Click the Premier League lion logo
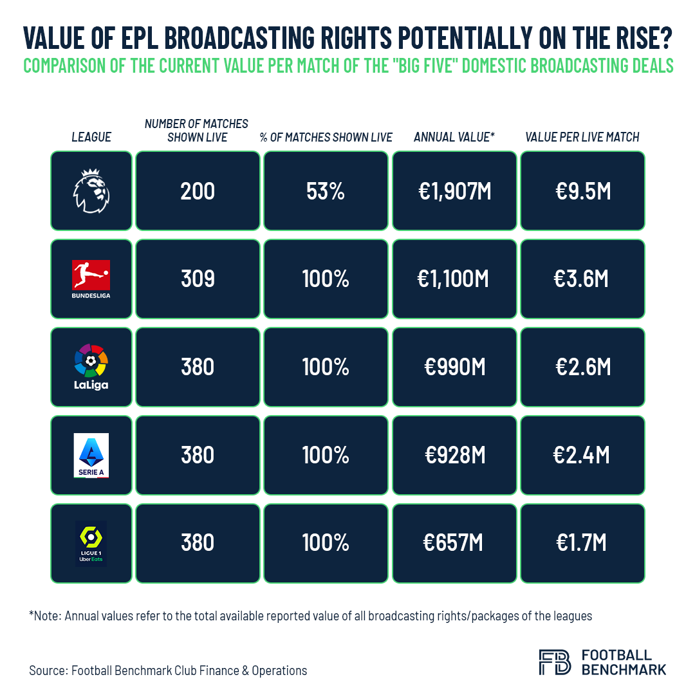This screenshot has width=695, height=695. coord(91,190)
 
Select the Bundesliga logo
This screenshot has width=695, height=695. coord(91,278)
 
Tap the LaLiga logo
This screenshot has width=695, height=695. coord(91,367)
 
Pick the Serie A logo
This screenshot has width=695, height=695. coord(91,455)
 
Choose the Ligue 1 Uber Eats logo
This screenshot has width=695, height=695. coord(91,543)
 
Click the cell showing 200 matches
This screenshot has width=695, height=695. coord(198,191)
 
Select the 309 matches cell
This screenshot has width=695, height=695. coord(198,279)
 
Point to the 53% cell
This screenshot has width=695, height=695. coord(326,191)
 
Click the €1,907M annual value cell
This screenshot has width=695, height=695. coord(454,191)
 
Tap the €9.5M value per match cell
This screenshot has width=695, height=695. coord(582,191)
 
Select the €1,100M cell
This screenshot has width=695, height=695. coord(454,279)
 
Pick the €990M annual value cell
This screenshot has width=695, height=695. coord(454,367)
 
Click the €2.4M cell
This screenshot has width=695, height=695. coord(582,455)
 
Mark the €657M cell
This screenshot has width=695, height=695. coord(454,543)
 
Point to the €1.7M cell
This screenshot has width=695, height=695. coord(582,543)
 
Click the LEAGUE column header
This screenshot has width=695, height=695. coord(91,137)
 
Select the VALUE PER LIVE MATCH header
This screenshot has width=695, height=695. coord(582,137)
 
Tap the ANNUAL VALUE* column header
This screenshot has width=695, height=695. coord(454,137)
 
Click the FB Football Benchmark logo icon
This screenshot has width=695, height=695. coord(554,662)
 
